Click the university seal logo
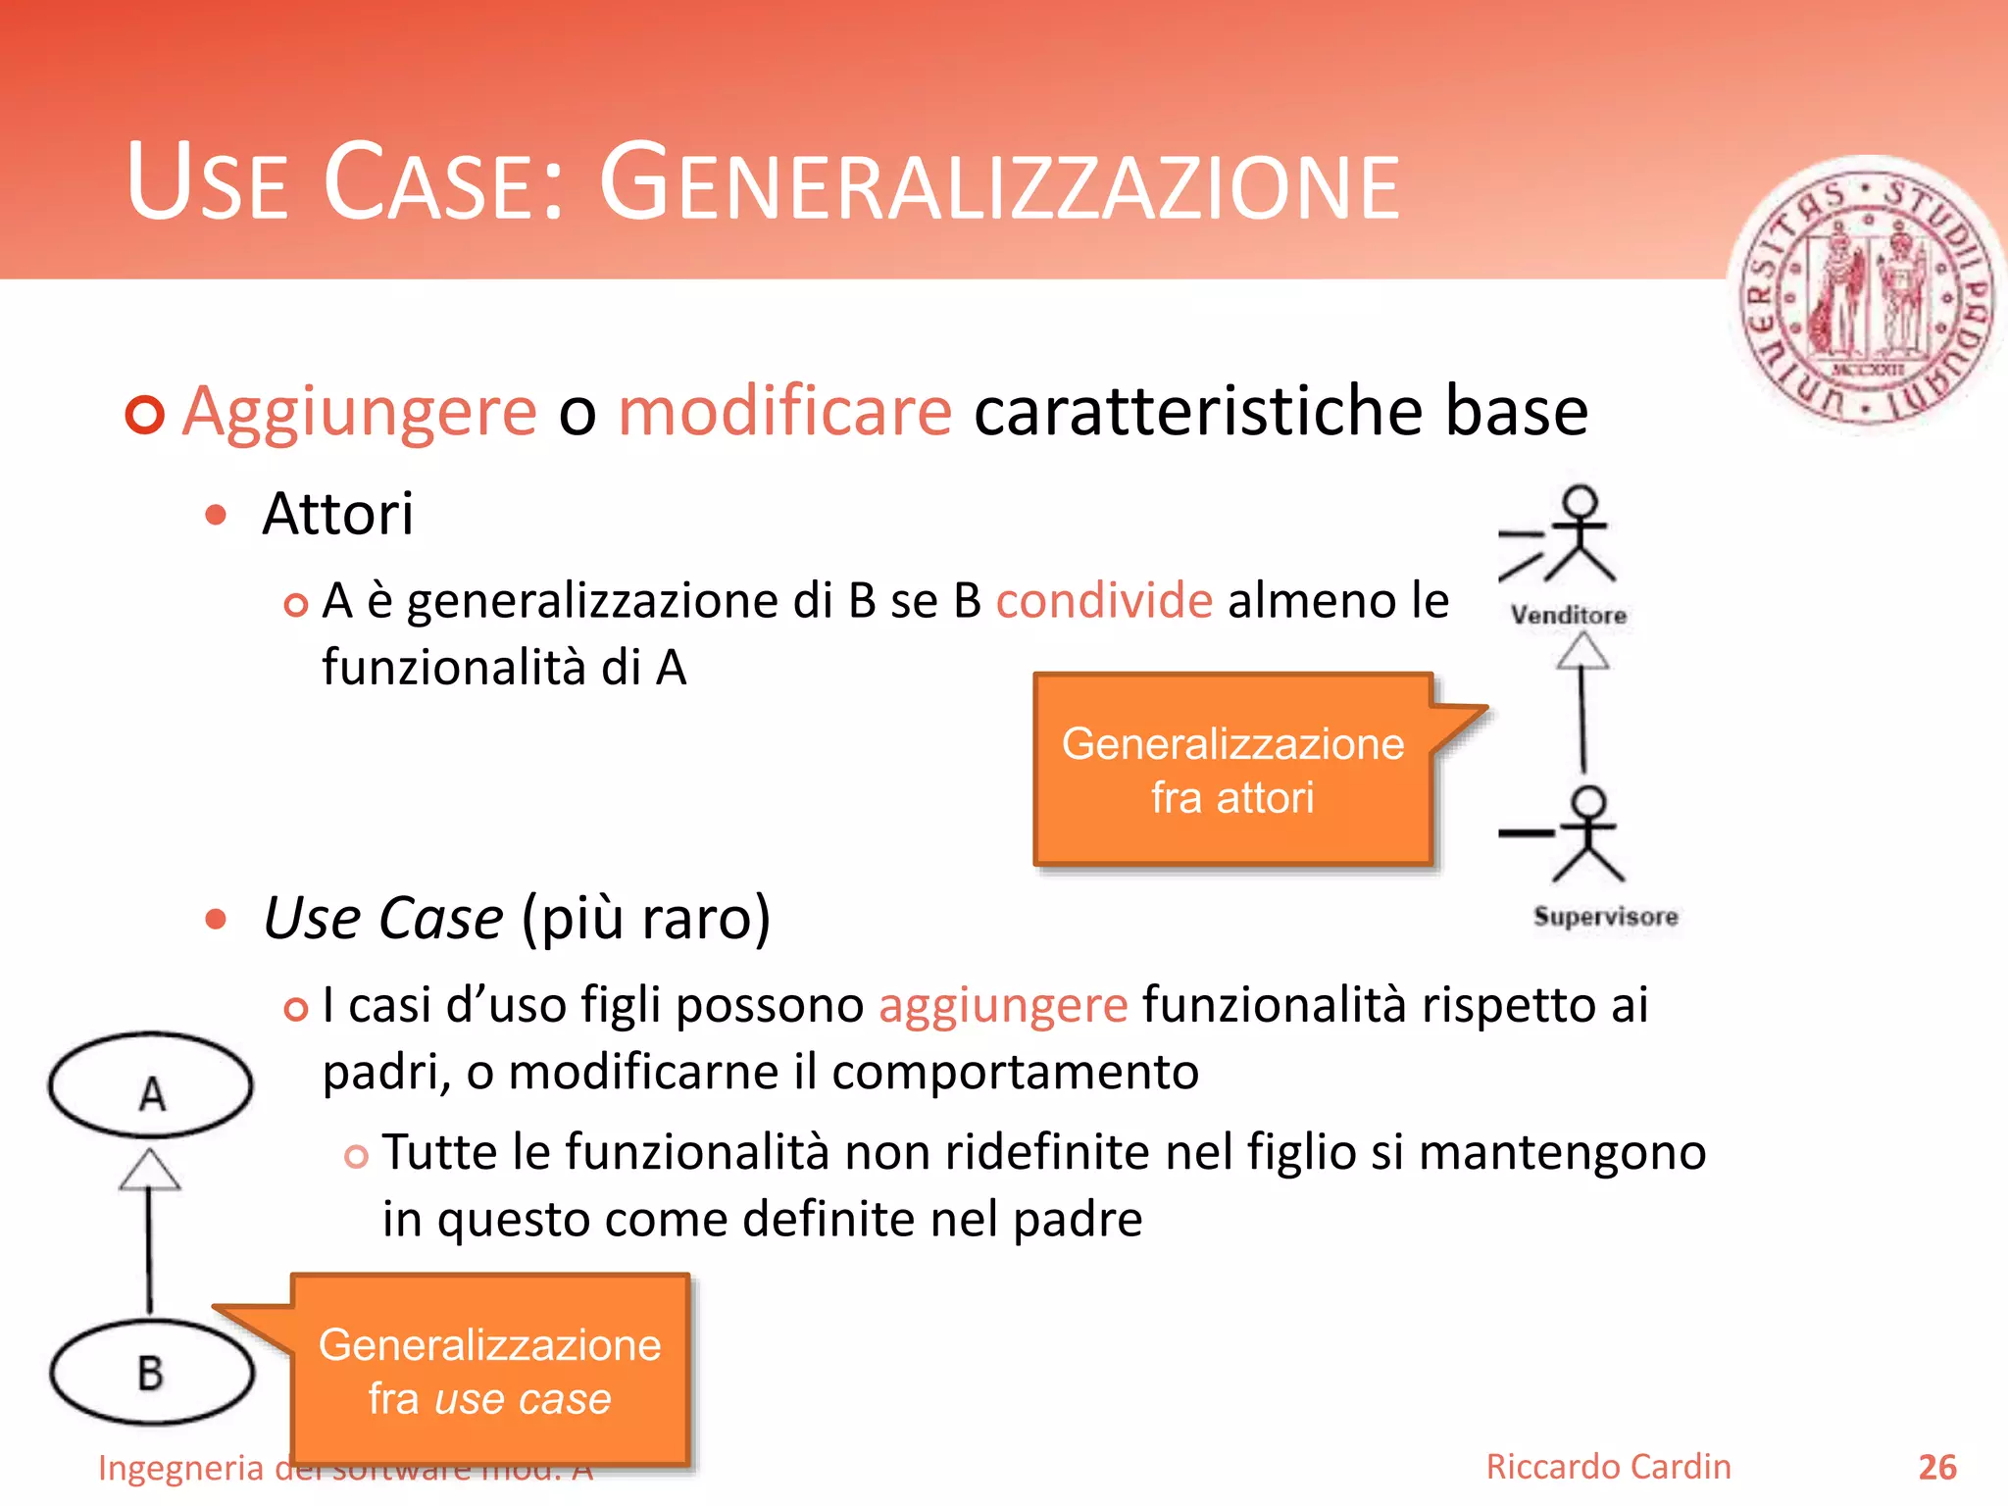1868,294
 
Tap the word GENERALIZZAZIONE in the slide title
999,183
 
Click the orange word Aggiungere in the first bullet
360,411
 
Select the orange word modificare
784,411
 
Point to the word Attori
337,514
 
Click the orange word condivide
1104,600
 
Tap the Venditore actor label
1569,616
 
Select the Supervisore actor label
1605,917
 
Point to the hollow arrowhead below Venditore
1581,651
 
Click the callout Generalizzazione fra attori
1232,770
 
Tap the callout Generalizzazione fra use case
490,1371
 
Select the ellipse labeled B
151,1373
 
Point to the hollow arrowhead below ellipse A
149,1170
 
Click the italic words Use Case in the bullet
383,919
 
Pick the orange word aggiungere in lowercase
1003,1005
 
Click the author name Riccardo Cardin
1608,1467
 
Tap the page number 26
1936,1468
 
